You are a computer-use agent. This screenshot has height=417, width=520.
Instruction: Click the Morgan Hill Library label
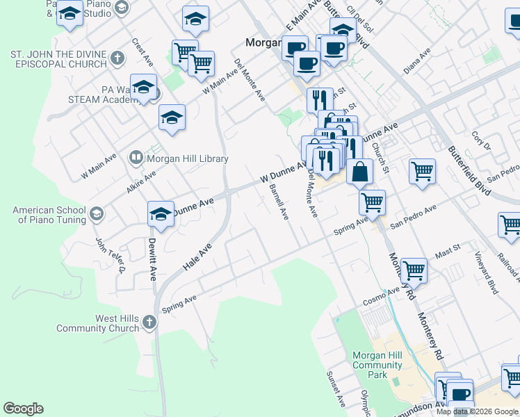click(x=187, y=158)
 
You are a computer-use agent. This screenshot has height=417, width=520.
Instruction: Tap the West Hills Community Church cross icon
click(x=149, y=322)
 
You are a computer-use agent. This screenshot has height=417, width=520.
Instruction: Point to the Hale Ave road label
click(x=196, y=258)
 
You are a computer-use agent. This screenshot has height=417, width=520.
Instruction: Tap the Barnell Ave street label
click(x=279, y=202)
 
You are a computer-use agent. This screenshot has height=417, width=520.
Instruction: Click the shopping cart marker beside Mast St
click(x=414, y=270)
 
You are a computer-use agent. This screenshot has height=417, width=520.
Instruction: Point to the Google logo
click(x=23, y=409)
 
